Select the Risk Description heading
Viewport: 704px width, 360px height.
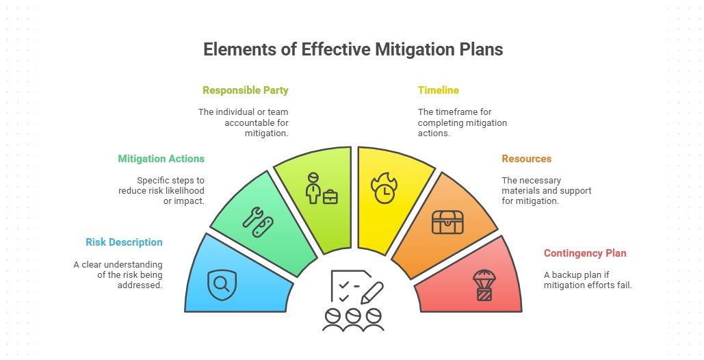click(124, 242)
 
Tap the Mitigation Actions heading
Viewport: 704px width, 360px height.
click(161, 159)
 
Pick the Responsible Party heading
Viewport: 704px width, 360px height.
click(245, 90)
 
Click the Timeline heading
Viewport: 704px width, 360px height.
click(438, 90)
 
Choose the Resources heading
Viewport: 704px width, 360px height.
click(526, 159)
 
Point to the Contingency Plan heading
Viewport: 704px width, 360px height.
click(585, 253)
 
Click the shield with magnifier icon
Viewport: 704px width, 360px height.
click(222, 284)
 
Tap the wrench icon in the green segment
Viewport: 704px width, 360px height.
click(252, 217)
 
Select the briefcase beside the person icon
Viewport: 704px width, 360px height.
click(330, 196)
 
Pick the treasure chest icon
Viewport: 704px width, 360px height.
click(447, 222)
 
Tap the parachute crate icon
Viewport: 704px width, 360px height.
click(484, 285)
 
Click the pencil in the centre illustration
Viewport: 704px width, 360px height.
click(372, 292)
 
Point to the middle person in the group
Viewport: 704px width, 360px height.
click(353, 320)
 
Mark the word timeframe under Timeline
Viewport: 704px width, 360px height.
click(462, 112)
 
